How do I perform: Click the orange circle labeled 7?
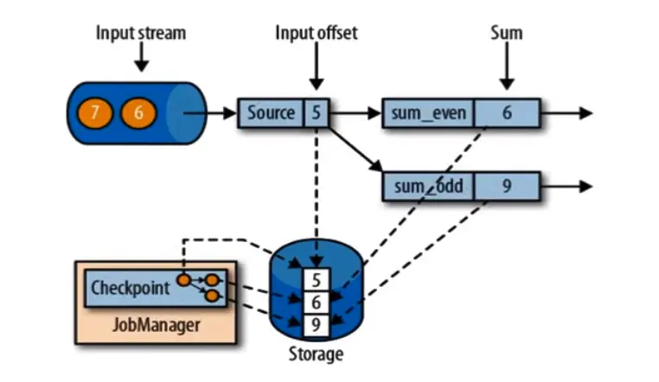(96, 113)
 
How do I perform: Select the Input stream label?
(141, 34)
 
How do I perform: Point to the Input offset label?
(316, 34)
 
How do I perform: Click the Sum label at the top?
(506, 34)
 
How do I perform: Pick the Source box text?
(271, 113)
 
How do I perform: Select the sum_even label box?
(428, 113)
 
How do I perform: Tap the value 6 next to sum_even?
(508, 113)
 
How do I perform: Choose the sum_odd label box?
(428, 187)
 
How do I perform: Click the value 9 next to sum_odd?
(508, 187)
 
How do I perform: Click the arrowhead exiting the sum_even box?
(585, 113)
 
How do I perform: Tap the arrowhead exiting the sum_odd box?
(585, 187)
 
